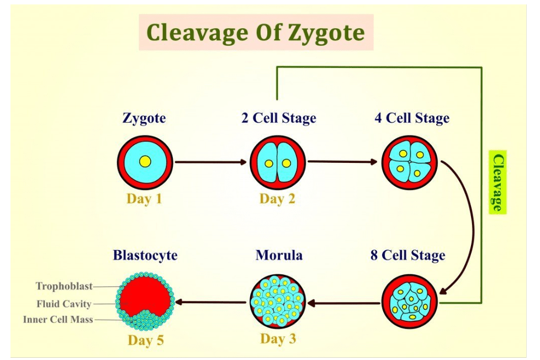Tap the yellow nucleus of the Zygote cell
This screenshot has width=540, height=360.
point(145,162)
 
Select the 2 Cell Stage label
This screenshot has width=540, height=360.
point(278,118)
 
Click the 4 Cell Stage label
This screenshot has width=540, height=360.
point(412,118)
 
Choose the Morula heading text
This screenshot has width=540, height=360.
point(279,256)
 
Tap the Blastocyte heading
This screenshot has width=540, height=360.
point(145,256)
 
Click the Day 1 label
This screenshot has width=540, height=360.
point(144,199)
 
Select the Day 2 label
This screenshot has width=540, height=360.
point(277,199)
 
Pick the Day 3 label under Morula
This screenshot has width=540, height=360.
point(278,338)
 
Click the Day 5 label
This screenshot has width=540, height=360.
point(146,340)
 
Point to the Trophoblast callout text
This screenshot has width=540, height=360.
point(64,286)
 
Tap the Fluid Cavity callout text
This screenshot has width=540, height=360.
point(64,304)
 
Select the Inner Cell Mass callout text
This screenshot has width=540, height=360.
point(58,320)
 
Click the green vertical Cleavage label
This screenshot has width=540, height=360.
point(497,182)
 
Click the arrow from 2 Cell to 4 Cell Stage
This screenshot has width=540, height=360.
point(342,162)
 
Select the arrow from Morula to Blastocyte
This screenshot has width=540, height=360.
point(213,302)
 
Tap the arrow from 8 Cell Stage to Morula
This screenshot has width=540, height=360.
point(343,303)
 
